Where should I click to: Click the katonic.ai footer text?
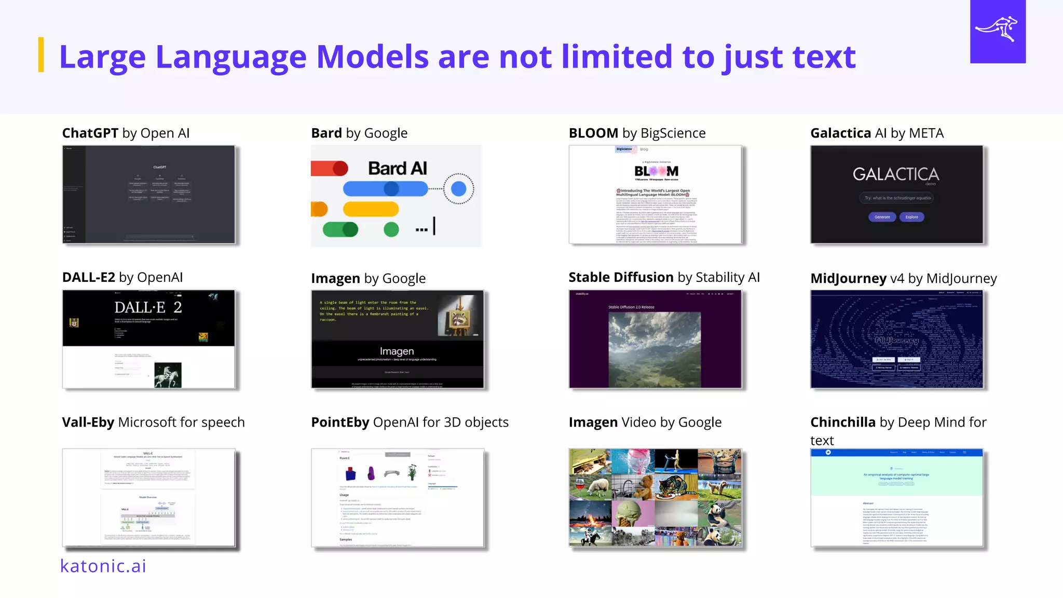coord(103,566)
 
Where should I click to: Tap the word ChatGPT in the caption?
coord(90,133)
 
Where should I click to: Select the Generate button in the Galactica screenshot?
coord(882,217)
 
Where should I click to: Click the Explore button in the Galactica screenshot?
coord(911,217)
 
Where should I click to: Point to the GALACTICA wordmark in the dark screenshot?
coord(896,174)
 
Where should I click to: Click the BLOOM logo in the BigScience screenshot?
coord(656,171)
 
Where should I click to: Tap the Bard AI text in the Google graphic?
coord(398,169)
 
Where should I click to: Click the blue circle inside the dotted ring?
coord(458,188)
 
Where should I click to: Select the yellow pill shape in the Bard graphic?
coord(371,209)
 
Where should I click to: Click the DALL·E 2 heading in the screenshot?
coord(148,307)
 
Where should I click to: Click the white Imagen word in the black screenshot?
coord(397,351)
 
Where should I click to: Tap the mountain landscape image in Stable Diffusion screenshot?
coord(655,349)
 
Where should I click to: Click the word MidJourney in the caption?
coord(848,279)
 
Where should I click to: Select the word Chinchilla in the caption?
coord(843,423)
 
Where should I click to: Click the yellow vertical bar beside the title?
coord(41,55)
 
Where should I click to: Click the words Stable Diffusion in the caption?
coord(621,278)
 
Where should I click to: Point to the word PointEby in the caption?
coord(340,423)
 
